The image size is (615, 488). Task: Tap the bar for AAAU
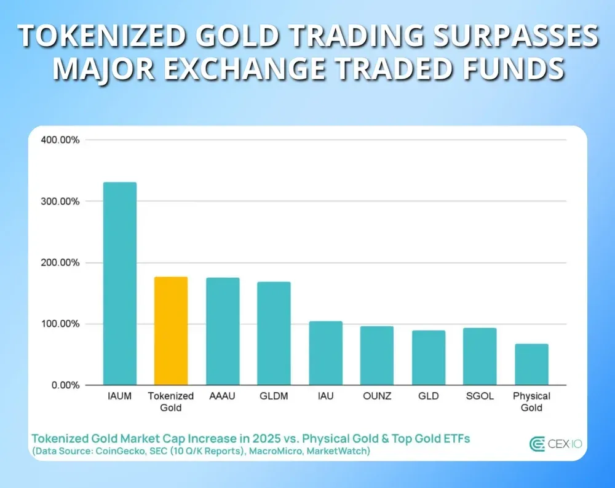click(x=223, y=331)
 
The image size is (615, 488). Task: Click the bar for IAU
click(x=325, y=353)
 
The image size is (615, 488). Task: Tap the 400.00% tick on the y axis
click(x=60, y=140)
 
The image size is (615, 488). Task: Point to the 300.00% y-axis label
click(x=60, y=202)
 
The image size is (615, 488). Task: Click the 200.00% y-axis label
click(x=60, y=262)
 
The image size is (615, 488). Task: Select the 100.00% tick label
click(x=60, y=324)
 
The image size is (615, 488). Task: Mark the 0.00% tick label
click(x=65, y=385)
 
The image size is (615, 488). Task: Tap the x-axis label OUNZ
click(x=376, y=396)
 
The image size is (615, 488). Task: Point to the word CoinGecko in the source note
click(x=113, y=452)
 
